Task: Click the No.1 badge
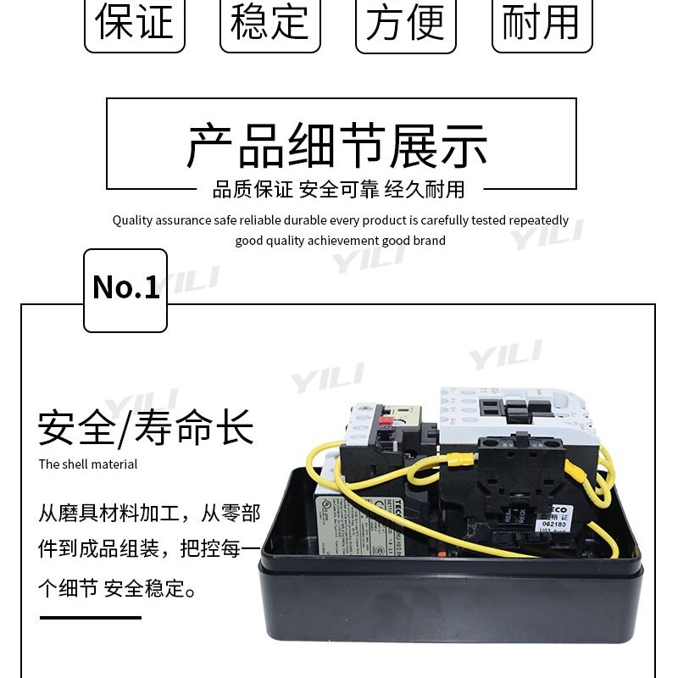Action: [125, 288]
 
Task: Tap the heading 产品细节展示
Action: [337, 146]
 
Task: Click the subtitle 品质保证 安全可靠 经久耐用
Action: [338, 189]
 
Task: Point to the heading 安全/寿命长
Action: [146, 428]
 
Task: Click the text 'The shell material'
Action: [87, 464]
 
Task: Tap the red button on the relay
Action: [383, 421]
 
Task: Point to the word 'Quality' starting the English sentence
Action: [131, 220]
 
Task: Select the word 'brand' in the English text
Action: [430, 241]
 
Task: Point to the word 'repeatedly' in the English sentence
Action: [538, 220]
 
